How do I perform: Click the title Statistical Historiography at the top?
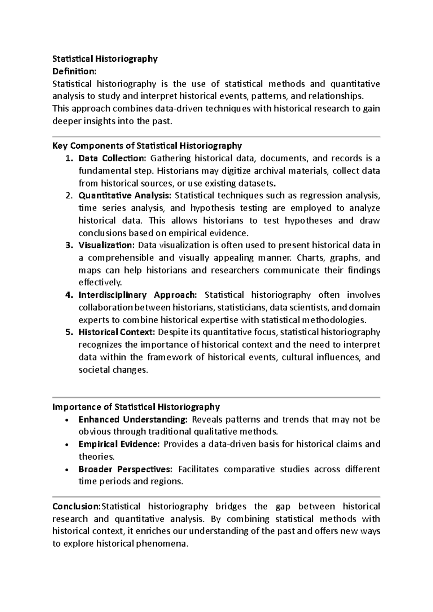pyautogui.click(x=105, y=59)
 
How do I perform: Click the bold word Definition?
pyautogui.click(x=74, y=71)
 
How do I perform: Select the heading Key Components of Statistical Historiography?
pyautogui.click(x=147, y=146)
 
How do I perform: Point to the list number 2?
pyautogui.click(x=69, y=196)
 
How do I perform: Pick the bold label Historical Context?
pyautogui.click(x=117, y=332)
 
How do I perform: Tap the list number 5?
pyautogui.click(x=69, y=332)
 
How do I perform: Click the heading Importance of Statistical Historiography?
pyautogui.click(x=136, y=407)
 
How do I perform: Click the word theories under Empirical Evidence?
pyautogui.click(x=96, y=457)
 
